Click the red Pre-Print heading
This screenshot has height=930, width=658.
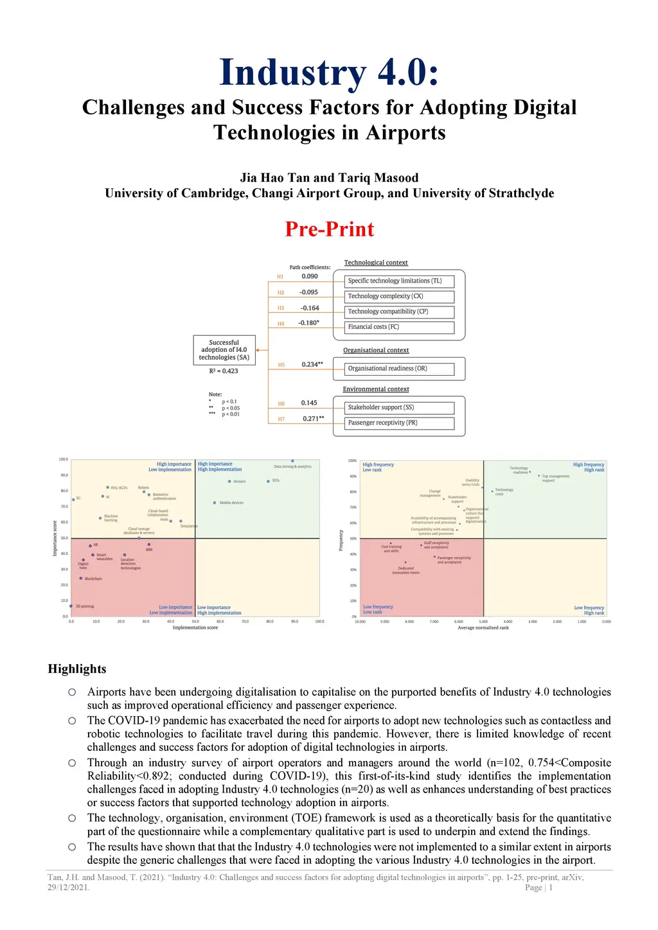(329, 229)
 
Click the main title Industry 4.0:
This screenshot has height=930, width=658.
(329, 73)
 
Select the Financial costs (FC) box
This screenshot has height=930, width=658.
(400, 327)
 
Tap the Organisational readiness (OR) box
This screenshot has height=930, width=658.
(400, 369)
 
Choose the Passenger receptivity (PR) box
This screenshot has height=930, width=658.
(400, 423)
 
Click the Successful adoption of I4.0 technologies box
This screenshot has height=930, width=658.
(224, 350)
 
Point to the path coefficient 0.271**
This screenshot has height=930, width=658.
(313, 419)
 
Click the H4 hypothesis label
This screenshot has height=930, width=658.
(281, 324)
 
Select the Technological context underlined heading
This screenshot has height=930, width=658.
(376, 263)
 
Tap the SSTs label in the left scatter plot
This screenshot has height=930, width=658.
(276, 480)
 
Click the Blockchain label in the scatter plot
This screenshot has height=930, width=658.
(93, 579)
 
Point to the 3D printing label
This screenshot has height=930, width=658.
(85, 606)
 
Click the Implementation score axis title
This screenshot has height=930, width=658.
(195, 627)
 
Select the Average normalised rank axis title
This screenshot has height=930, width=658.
(483, 627)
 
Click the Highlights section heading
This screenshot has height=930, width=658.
(77, 669)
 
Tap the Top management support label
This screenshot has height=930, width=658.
(555, 478)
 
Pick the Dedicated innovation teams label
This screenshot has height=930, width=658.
(405, 570)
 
